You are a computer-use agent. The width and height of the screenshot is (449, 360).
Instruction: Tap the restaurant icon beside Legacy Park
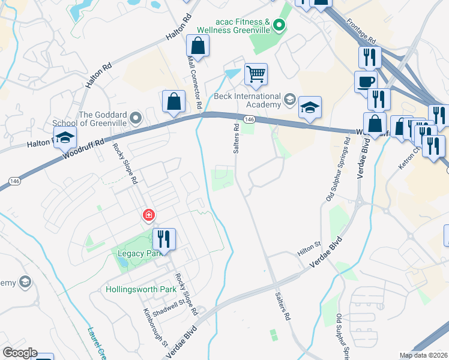tap(163, 239)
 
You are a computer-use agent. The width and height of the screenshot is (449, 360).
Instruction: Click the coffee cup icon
tap(366, 81)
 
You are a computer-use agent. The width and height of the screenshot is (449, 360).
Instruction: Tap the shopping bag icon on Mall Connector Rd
tap(197, 46)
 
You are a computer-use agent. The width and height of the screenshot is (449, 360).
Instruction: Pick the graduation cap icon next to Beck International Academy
tap(310, 108)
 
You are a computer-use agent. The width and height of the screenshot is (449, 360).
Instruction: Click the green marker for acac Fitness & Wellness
tap(279, 25)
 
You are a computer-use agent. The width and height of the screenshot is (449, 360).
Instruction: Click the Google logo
tap(19, 353)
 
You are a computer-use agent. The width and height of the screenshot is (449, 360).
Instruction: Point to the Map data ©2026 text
tap(423, 355)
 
